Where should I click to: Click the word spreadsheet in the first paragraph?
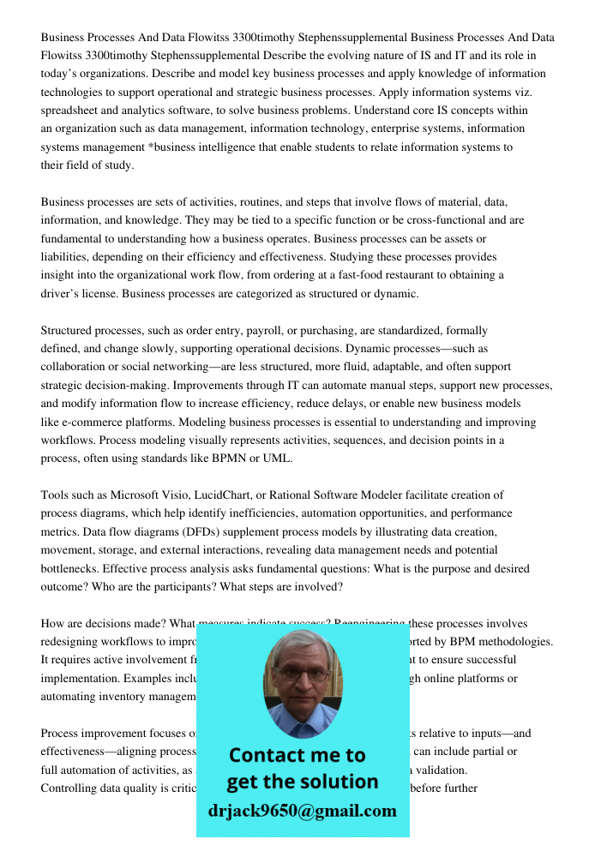point(72,111)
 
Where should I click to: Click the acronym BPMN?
point(225,458)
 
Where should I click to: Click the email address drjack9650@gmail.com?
point(302,811)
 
